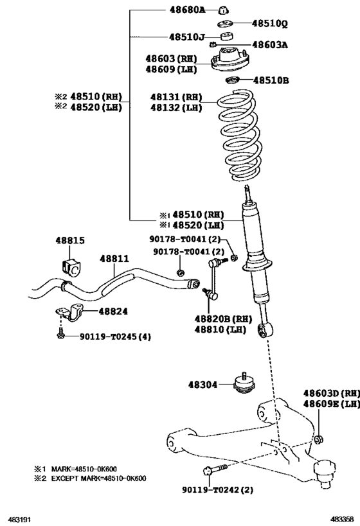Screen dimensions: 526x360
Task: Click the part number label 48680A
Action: [x=187, y=11]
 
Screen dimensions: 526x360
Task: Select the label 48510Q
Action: [x=270, y=24]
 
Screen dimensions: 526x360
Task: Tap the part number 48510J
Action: [x=187, y=37]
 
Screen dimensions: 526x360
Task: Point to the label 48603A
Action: [x=270, y=45]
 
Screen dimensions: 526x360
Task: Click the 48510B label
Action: [x=271, y=81]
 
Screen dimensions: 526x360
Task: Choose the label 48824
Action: [x=113, y=311]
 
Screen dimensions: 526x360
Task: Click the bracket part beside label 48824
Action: [x=69, y=315]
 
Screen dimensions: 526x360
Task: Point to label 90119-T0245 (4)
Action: [x=115, y=336]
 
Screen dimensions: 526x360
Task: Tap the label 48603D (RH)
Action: [x=330, y=393]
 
